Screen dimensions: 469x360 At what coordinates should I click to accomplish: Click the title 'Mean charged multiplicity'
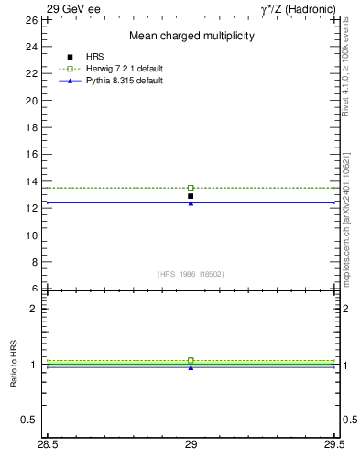[x=191, y=36]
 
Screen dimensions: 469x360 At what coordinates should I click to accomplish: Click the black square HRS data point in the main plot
[x=191, y=196]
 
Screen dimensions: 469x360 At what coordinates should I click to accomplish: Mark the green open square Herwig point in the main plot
[x=191, y=188]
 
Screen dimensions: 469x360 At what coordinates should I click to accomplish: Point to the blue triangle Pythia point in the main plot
[x=191, y=202]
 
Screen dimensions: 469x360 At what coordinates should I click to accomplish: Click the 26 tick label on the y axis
[x=30, y=19]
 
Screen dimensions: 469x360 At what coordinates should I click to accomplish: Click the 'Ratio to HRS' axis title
[x=15, y=365]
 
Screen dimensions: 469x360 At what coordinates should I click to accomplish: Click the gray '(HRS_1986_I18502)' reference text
[x=191, y=274]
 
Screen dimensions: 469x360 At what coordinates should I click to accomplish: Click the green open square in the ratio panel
[x=191, y=361]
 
